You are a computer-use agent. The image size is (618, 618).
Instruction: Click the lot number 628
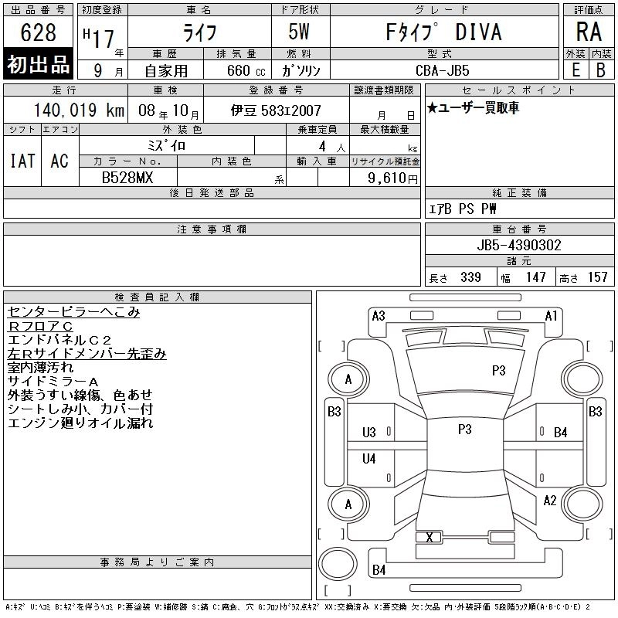click(x=39, y=32)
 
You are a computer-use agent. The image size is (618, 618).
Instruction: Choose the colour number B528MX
click(x=127, y=178)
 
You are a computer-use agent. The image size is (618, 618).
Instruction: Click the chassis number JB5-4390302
click(x=519, y=245)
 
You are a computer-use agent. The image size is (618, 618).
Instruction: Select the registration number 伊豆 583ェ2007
click(x=276, y=111)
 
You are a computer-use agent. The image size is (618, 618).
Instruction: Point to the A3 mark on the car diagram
click(x=379, y=316)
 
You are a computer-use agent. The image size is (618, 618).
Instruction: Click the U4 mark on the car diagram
click(x=369, y=459)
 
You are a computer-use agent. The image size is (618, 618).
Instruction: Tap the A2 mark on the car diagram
click(x=549, y=501)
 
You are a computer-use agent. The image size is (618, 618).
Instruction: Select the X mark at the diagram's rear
click(x=430, y=538)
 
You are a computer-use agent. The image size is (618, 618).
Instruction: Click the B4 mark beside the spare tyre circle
click(x=379, y=570)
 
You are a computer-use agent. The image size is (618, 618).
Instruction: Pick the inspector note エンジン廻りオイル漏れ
click(x=80, y=423)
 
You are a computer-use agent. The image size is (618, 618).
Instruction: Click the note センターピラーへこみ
click(x=74, y=312)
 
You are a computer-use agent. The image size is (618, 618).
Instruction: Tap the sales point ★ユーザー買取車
click(x=473, y=108)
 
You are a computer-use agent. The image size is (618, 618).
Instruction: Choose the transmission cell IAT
click(x=22, y=161)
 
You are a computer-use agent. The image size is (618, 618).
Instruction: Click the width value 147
click(x=535, y=277)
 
